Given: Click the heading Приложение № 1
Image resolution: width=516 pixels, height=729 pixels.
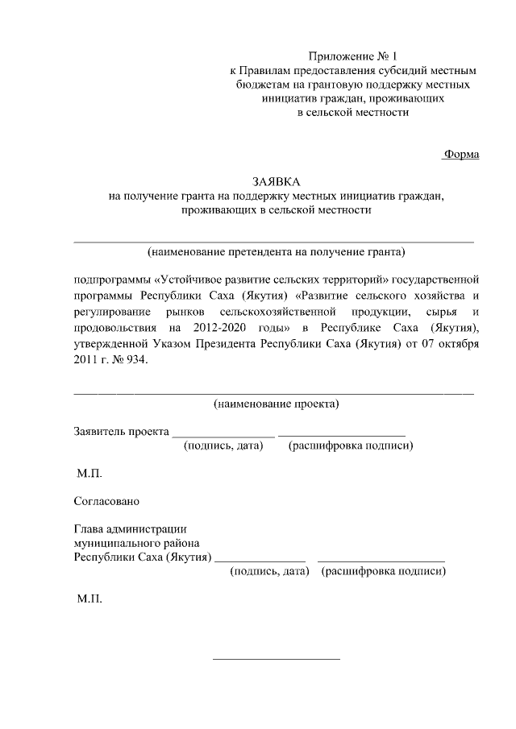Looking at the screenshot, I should click(x=354, y=56).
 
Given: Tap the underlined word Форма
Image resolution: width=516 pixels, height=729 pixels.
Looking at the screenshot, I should click(x=461, y=154).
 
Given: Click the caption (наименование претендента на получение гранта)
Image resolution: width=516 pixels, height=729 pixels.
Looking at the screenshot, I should click(x=275, y=251).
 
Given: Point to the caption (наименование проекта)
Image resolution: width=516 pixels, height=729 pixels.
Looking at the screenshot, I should click(x=276, y=404).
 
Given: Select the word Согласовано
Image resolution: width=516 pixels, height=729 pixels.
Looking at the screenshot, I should click(x=106, y=500).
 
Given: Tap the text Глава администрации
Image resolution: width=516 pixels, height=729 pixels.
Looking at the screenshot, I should click(x=130, y=529).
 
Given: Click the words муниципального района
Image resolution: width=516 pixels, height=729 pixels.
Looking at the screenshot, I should click(x=136, y=543).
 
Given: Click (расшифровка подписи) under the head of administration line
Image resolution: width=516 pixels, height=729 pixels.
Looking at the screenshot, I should click(x=384, y=571).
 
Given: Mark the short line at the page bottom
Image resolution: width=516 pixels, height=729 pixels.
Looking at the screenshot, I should click(x=276, y=660).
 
